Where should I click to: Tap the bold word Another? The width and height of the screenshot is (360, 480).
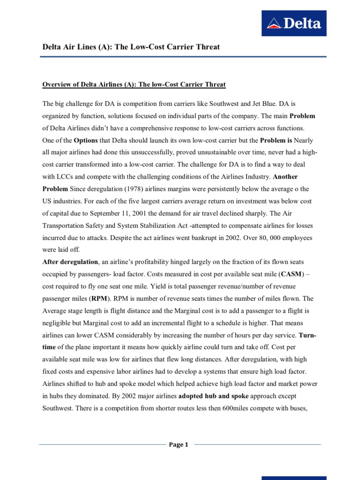click(285, 176)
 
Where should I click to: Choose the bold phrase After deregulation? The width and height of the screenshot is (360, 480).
click(71, 262)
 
